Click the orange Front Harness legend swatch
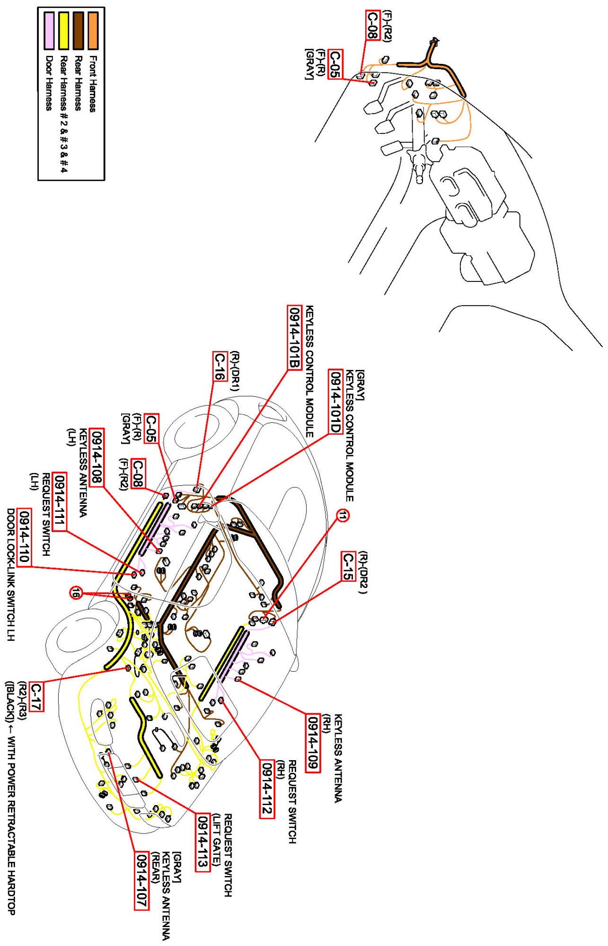pos(93,31)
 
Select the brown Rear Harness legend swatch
pos(78,31)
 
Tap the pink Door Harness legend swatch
pos(49,31)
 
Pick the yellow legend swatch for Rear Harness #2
pos(63,31)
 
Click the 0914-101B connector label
pos(294,337)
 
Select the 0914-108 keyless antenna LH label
pos(97,457)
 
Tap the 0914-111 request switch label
pos(59,501)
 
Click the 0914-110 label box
pos(24,537)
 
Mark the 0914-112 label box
pos(267,788)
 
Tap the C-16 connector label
pos(220,366)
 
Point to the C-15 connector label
pos(348,566)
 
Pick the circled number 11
pos(343,516)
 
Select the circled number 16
pos(76,592)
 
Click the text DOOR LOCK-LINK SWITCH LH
pos(11,575)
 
